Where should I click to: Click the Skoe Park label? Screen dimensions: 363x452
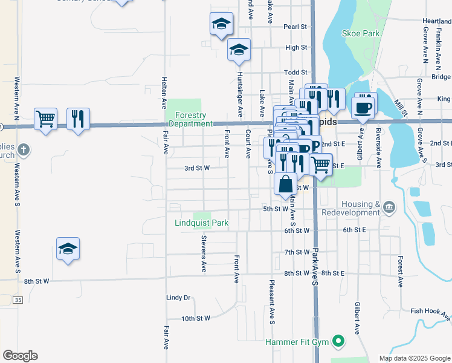pyautogui.click(x=361, y=33)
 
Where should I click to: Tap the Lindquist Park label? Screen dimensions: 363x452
pyautogui.click(x=201, y=223)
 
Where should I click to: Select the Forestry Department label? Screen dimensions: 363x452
pyautogui.click(x=191, y=119)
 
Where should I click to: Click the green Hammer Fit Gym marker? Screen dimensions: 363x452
pyautogui.click(x=339, y=342)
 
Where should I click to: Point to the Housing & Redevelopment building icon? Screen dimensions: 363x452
pyautogui.click(x=389, y=209)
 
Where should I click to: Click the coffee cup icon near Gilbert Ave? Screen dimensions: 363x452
pyautogui.click(x=363, y=106)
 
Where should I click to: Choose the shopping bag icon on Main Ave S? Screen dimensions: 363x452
pyautogui.click(x=286, y=183)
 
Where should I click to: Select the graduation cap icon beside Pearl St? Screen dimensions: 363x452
pyautogui.click(x=221, y=24)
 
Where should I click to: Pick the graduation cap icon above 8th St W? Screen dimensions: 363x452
pyautogui.click(x=68, y=248)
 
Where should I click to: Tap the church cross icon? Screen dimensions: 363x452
pyautogui.click(x=24, y=149)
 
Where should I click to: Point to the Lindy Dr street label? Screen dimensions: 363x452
pyautogui.click(x=178, y=298)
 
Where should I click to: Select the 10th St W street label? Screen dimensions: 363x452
pyautogui.click(x=196, y=318)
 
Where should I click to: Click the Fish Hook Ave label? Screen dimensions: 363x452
pyautogui.click(x=430, y=311)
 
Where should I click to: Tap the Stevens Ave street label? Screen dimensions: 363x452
pyautogui.click(x=204, y=253)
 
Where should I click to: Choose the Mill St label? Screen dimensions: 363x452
pyautogui.click(x=398, y=108)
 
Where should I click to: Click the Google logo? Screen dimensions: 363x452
pyautogui.click(x=20, y=356)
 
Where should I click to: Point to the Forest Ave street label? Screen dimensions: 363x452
pyautogui.click(x=400, y=270)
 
